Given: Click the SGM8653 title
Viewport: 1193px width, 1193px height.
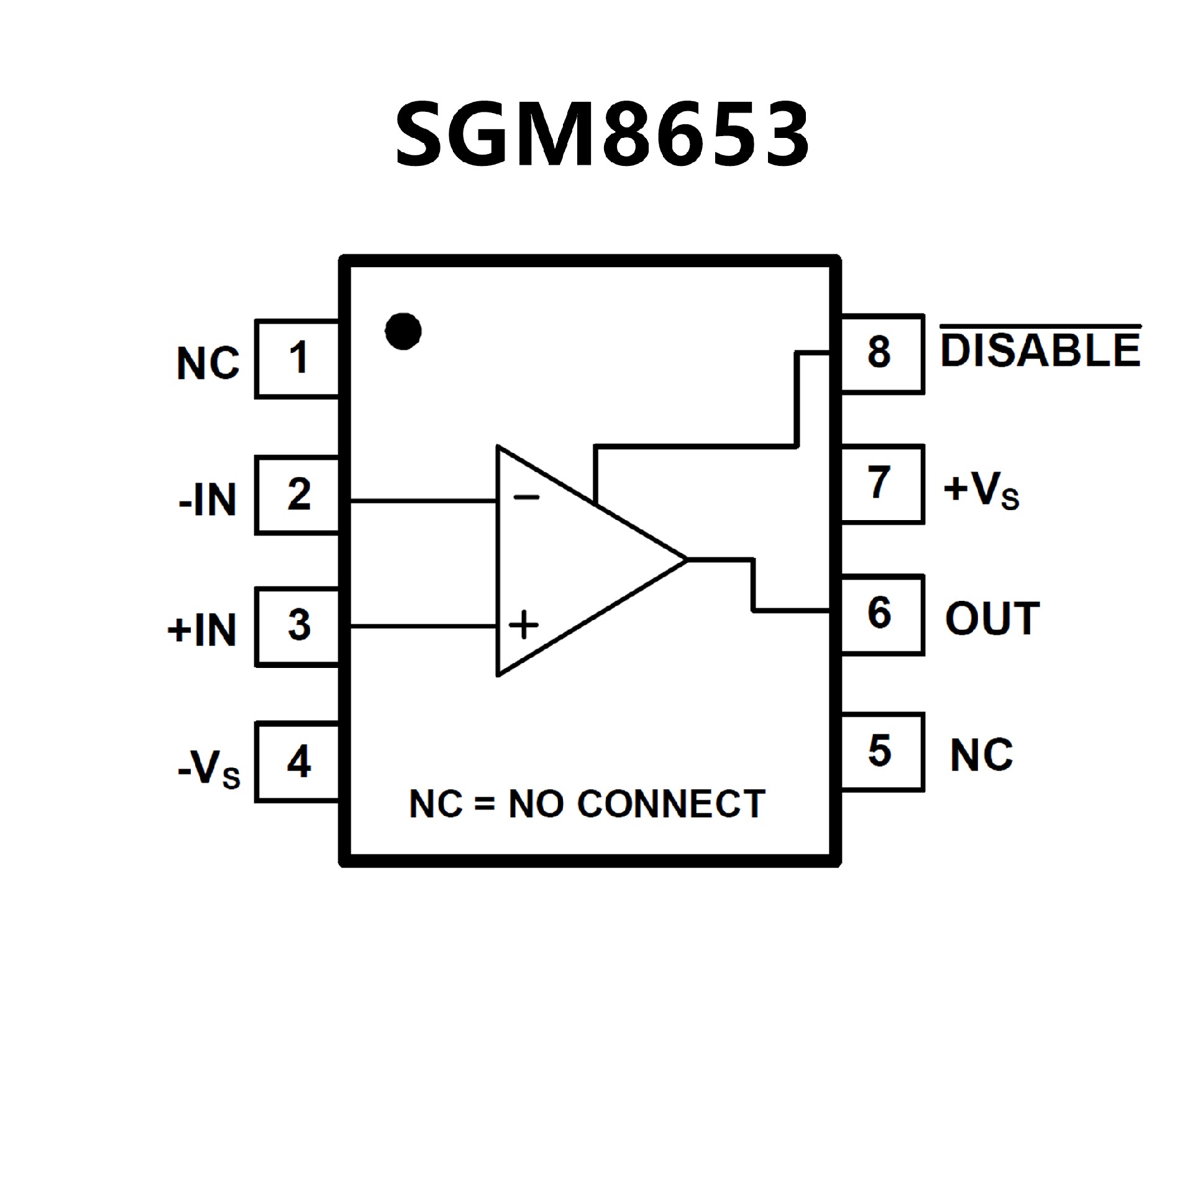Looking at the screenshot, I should pos(601,135).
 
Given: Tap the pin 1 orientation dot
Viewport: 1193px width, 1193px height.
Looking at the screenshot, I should pos(403,331).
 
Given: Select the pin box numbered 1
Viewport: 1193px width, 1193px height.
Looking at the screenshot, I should pos(298,359).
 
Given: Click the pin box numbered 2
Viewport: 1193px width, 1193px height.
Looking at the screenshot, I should pos(298,495).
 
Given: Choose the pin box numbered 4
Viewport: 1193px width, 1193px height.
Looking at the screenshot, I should pos(298,762).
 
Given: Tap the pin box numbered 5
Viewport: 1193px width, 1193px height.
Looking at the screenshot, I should pos(880,751).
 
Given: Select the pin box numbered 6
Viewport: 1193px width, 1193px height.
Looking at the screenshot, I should pos(880,614).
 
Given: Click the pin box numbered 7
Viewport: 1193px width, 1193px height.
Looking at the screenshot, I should pos(880,483).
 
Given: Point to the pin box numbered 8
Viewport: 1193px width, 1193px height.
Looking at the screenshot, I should pos(880,353).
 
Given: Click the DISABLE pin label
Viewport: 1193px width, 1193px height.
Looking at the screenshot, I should pos(1041,349).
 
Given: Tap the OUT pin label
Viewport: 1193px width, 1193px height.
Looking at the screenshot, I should pos(992,619).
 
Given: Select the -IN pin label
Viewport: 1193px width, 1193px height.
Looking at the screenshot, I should pos(208,500).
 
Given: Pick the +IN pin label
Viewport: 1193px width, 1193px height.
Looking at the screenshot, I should pos(203,630).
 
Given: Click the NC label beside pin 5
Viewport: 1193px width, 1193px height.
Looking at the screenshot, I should pos(982,756).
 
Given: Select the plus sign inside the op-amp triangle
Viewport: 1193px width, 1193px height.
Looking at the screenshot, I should pos(524,624).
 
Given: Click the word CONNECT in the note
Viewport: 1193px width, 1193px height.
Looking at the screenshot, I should pos(671,804).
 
